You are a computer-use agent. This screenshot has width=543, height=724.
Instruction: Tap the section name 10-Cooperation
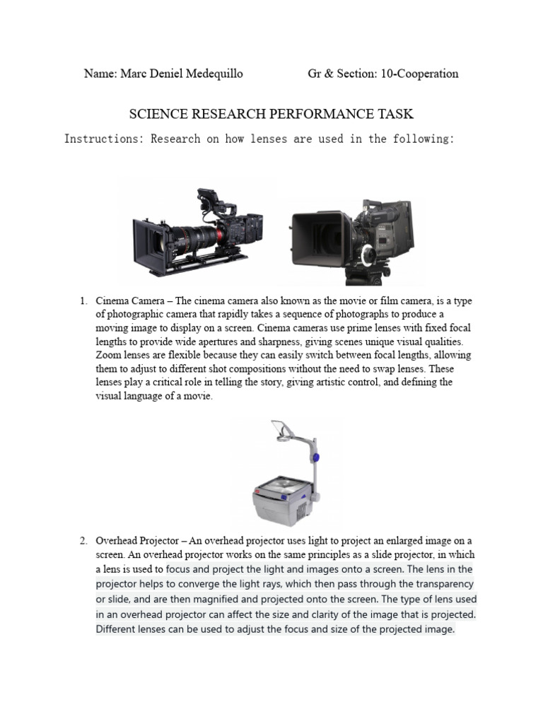click(419, 74)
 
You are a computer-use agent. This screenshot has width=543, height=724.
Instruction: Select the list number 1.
click(82, 301)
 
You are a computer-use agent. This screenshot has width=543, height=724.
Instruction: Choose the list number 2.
click(82, 541)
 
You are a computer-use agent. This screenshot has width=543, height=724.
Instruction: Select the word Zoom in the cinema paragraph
click(109, 355)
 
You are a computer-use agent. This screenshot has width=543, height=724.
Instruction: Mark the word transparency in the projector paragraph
click(441, 584)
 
